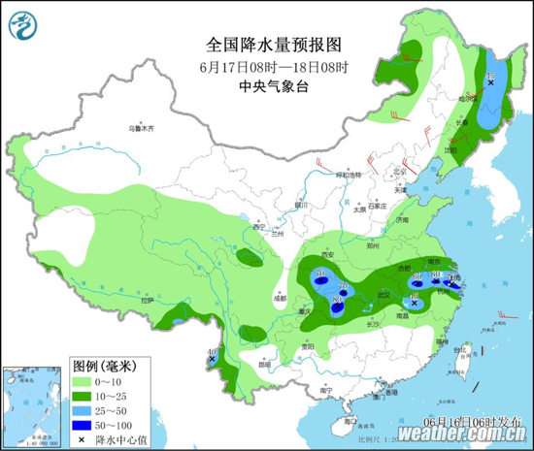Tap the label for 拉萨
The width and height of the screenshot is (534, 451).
tap(147, 301)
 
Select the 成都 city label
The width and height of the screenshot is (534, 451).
tap(281, 299)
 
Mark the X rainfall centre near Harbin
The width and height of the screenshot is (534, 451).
tap(490, 84)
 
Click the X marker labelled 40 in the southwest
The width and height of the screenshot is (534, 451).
tap(212, 360)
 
